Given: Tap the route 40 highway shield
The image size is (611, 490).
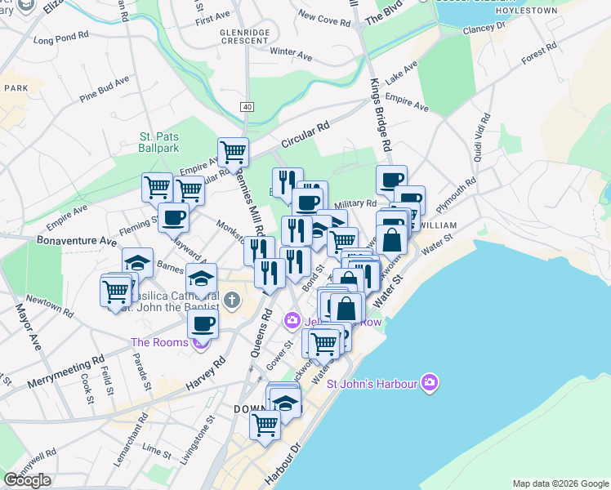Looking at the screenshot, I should (x=247, y=107).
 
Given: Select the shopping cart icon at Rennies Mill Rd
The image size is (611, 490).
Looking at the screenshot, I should (x=234, y=152).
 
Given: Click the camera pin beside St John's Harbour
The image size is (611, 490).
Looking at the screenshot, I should (x=430, y=383).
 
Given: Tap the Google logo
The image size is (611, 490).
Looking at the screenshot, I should (x=27, y=480).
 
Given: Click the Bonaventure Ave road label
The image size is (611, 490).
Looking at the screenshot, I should (x=77, y=242).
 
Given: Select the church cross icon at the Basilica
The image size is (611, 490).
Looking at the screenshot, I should (x=231, y=301).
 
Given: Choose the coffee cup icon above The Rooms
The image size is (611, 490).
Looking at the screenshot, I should (x=203, y=323).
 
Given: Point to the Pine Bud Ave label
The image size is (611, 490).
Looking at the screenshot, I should (x=105, y=90).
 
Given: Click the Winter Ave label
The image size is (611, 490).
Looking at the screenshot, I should (x=292, y=54).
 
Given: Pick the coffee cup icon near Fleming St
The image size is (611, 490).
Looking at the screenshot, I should (x=173, y=218).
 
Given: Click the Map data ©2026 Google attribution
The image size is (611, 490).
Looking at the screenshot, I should (x=560, y=483).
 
